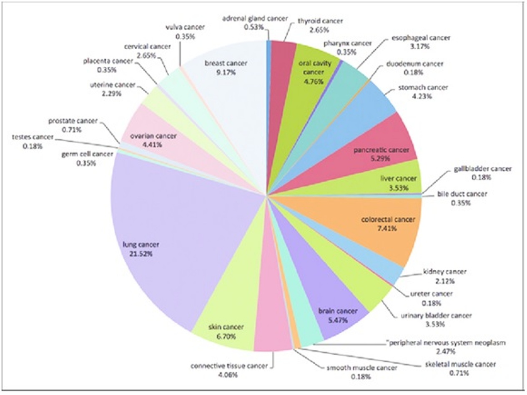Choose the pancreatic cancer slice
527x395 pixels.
[375, 142]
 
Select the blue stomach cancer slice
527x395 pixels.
[367, 100]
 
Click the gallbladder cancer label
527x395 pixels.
[482, 169]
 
